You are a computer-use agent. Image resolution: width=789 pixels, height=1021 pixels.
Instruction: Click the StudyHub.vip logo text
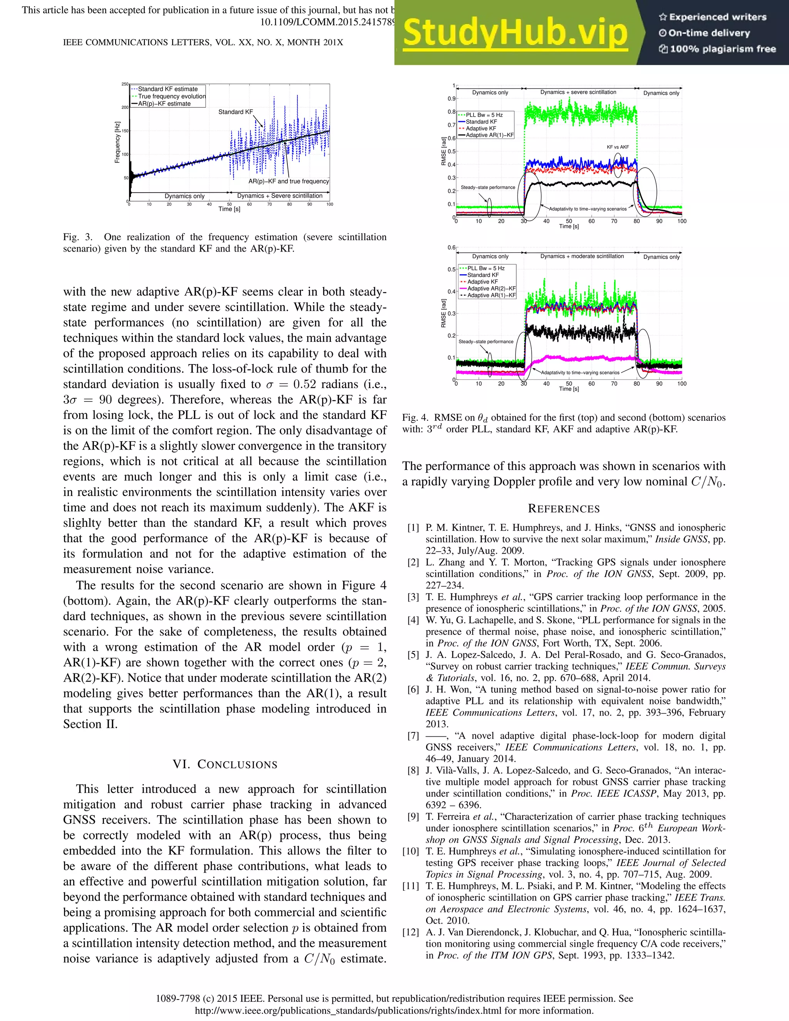(515, 33)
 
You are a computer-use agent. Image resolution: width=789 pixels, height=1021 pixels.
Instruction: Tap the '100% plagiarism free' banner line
(717, 49)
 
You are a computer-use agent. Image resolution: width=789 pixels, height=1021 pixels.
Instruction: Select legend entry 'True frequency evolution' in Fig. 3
(171, 96)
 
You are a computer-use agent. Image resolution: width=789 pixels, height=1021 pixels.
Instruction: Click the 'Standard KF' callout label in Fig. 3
(235, 112)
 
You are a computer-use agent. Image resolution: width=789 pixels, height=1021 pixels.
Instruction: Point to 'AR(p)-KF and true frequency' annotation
(289, 181)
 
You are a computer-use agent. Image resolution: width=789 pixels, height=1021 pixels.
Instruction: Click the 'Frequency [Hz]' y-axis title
(118, 142)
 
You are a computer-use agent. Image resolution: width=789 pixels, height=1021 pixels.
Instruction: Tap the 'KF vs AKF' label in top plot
(618, 147)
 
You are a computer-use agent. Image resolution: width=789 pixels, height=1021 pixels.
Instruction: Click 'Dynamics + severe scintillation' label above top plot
(578, 92)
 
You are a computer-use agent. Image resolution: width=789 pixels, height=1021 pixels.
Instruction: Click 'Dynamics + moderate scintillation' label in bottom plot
(582, 256)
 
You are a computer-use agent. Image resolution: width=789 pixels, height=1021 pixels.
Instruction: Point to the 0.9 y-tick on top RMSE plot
(451, 99)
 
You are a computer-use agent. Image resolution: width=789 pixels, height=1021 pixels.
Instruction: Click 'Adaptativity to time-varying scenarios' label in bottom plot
(579, 373)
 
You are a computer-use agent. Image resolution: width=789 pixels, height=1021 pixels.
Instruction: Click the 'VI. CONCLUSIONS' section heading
(225, 764)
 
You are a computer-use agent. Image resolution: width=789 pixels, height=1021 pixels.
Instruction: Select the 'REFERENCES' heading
(564, 509)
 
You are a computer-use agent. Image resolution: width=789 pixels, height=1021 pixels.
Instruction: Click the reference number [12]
(411, 932)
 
